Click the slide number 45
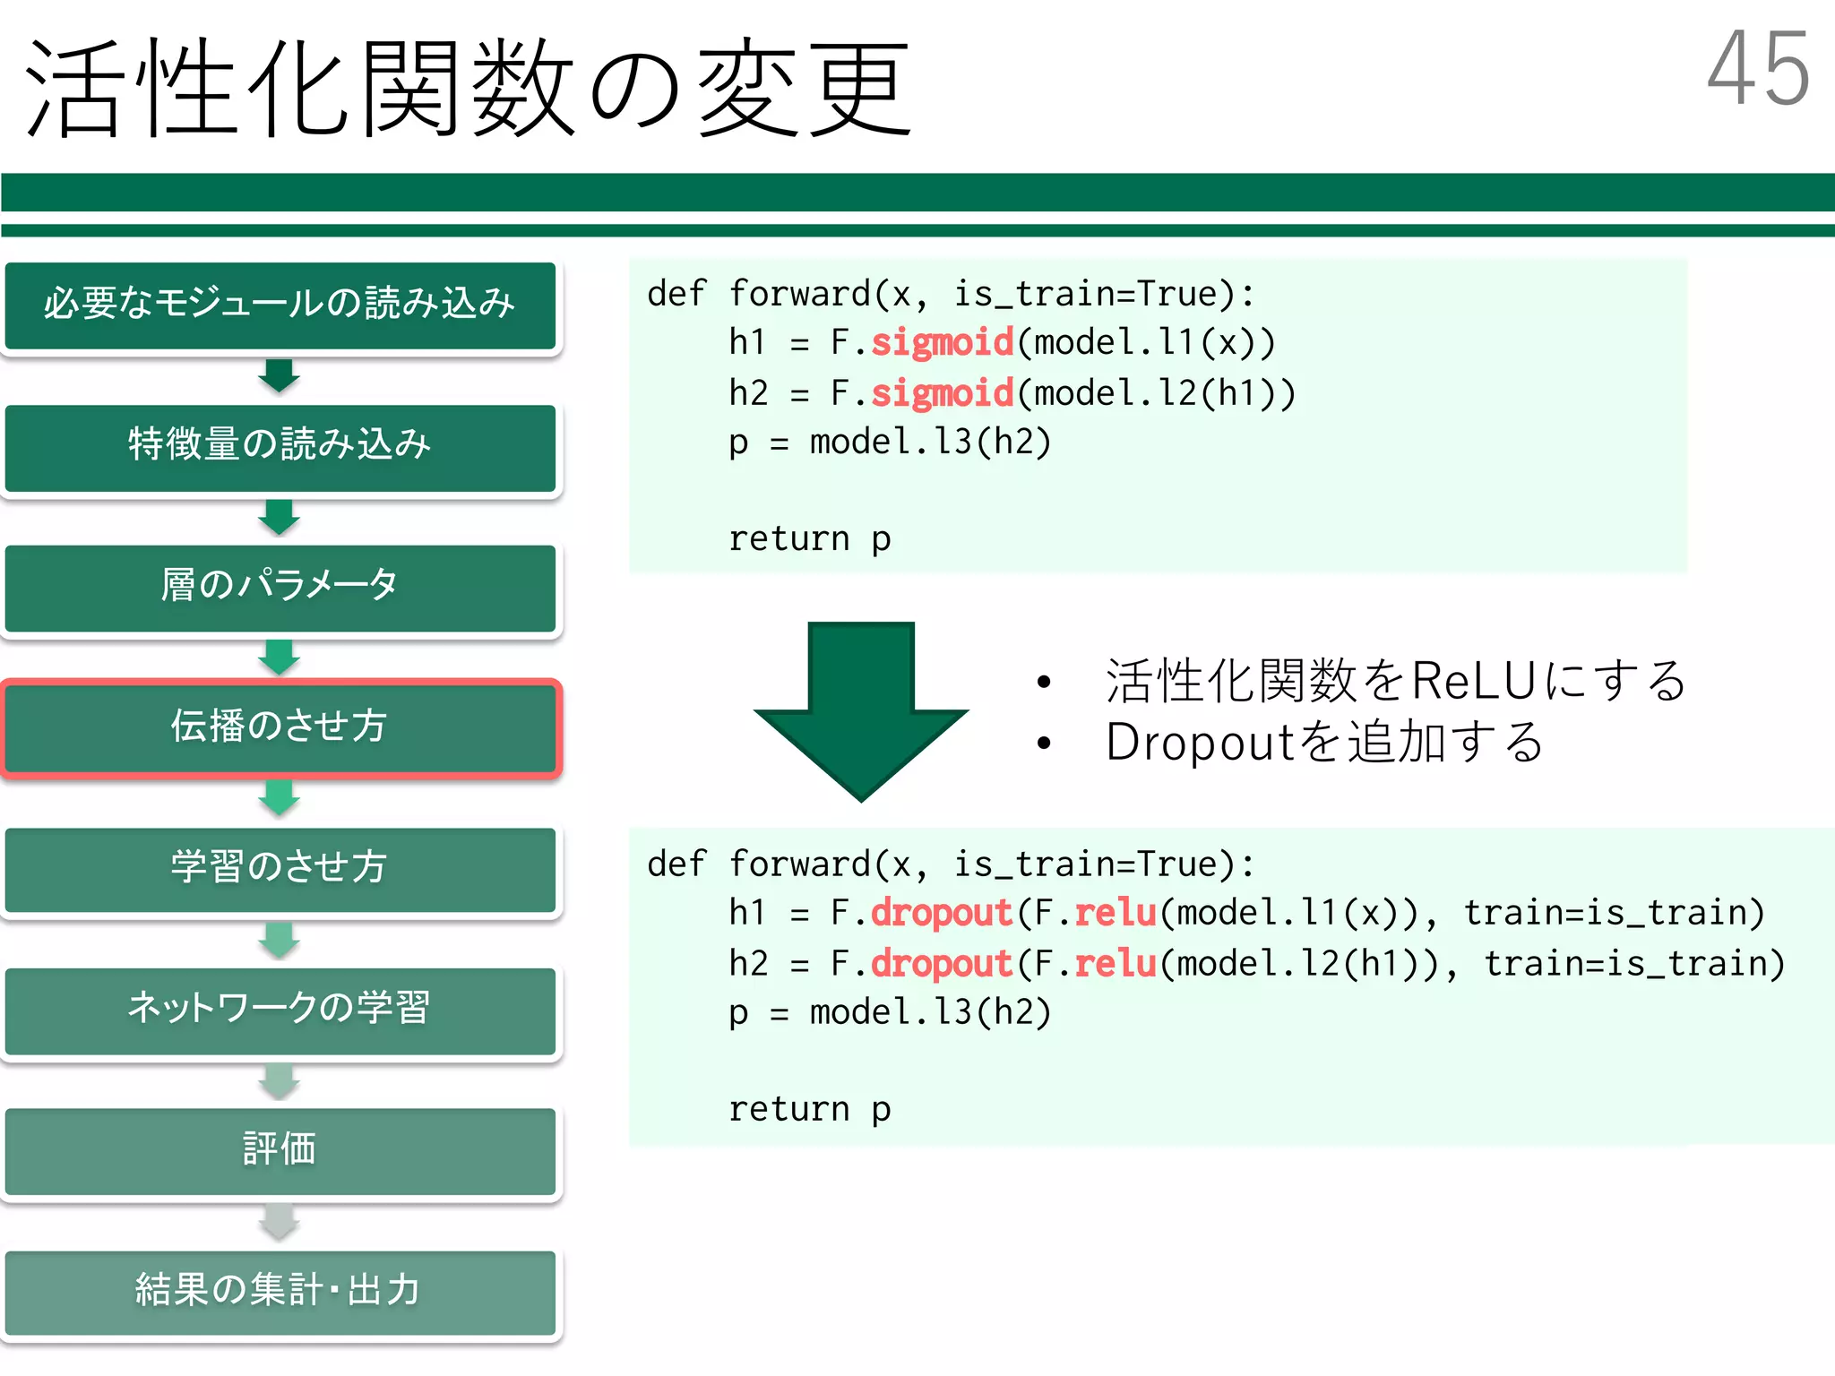[x=1757, y=69]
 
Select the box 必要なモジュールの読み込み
[x=280, y=305]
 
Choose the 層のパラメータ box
[x=280, y=587]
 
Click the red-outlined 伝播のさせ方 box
[x=280, y=727]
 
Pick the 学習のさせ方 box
[x=280, y=868]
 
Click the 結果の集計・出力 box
[x=280, y=1291]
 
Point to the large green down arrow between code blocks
[x=861, y=708]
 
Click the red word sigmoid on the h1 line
[x=942, y=343]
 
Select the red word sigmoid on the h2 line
[x=942, y=394]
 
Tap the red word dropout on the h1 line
[x=941, y=914]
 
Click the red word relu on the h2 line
[x=1116, y=965]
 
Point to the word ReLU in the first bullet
[x=1474, y=681]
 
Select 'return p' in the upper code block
[x=809, y=539]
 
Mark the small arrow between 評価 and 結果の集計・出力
[x=280, y=1223]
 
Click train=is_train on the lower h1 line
[x=1614, y=914]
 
